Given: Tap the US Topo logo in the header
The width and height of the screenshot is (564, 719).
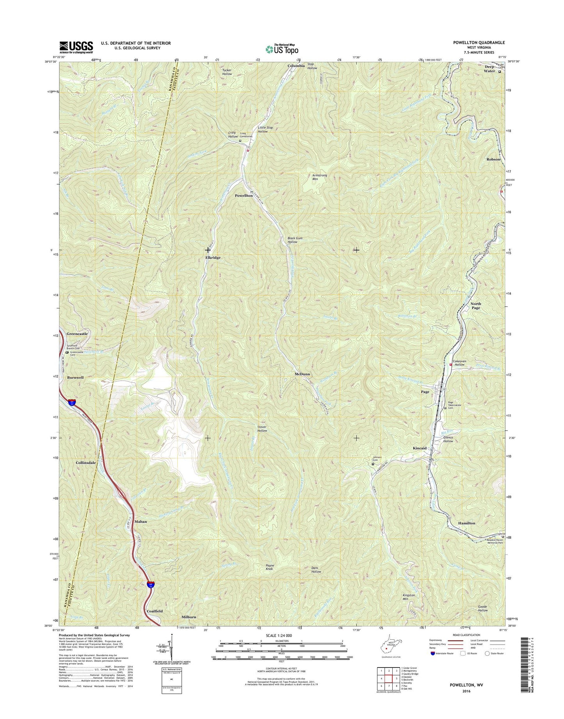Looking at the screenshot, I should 282,49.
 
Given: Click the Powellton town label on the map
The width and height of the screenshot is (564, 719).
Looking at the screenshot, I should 244,195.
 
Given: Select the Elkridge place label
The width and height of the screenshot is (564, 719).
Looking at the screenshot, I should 213,258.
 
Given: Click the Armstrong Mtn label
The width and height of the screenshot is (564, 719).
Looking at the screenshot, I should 320,177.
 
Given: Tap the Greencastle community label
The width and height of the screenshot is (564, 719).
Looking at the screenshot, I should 77,334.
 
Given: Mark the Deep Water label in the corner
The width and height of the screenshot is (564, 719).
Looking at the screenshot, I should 489,69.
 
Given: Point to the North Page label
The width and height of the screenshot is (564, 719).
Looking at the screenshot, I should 475,306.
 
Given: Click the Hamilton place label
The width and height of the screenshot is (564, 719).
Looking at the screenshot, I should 466,523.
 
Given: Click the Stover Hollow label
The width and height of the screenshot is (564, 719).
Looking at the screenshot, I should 262,429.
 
